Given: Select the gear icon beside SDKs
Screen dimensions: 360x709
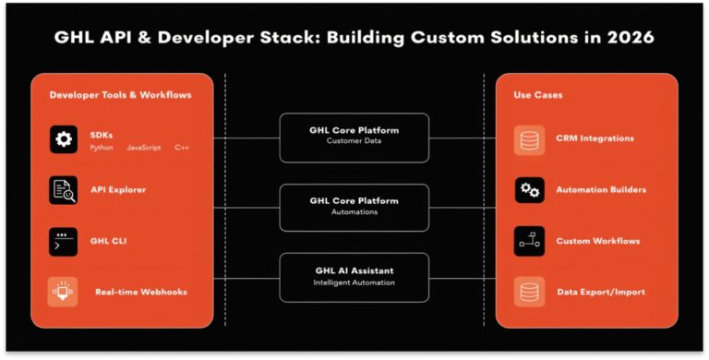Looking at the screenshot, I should (63, 139).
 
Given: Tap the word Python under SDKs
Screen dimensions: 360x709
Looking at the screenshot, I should (102, 148).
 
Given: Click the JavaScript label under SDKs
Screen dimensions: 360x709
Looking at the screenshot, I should (144, 148).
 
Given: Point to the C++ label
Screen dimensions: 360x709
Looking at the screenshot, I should (181, 148).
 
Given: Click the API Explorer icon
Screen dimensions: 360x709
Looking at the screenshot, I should (63, 190).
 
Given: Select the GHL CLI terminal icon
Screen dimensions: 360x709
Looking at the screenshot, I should (63, 241).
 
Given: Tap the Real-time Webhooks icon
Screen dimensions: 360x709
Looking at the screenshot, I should (63, 292).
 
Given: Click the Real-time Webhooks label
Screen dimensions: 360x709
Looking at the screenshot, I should (140, 292).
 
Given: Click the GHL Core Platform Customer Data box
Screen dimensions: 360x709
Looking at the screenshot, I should (354, 136).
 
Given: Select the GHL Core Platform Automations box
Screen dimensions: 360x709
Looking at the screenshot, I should (354, 206).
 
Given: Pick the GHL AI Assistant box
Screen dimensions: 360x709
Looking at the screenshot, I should (354, 276).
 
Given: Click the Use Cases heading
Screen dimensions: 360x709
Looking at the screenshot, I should (537, 95).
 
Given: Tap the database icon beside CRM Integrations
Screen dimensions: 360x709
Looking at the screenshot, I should (529, 139).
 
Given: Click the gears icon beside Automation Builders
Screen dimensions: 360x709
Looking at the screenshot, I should (529, 190).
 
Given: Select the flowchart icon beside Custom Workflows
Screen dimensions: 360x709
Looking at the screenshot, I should (529, 241).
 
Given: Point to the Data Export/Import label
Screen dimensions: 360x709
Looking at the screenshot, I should (600, 292).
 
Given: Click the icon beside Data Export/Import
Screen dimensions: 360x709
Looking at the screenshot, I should (529, 292).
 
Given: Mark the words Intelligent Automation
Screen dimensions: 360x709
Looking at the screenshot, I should (354, 282).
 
